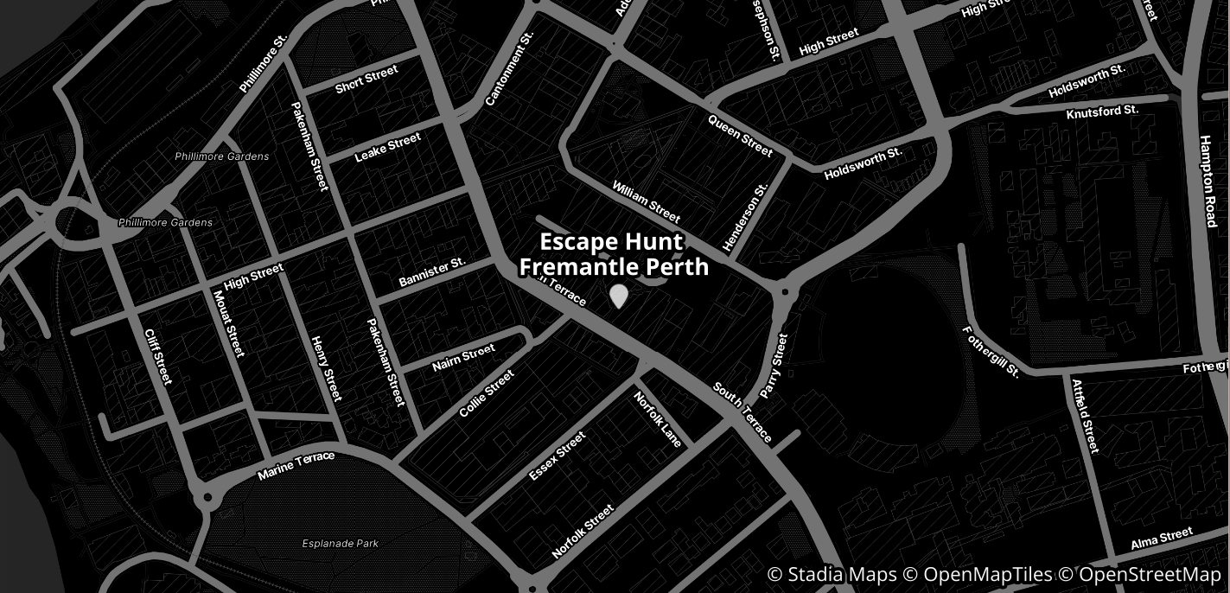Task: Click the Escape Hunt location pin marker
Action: pyautogui.click(x=619, y=296)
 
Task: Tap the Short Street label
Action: pyautogui.click(x=366, y=80)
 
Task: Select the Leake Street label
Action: pyautogui.click(x=388, y=147)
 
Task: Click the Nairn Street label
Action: pyautogui.click(x=464, y=358)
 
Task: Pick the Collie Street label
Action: pyautogui.click(x=487, y=394)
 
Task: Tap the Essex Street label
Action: pyautogui.click(x=558, y=456)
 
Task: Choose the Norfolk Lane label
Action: pyautogui.click(x=658, y=420)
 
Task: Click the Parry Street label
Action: pyautogui.click(x=774, y=366)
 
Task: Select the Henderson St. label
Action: pyautogui.click(x=745, y=218)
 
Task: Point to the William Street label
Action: pyautogui.click(x=647, y=201)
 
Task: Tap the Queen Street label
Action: pyautogui.click(x=740, y=136)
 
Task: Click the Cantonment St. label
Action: pyautogui.click(x=510, y=68)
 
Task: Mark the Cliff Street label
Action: pyautogui.click(x=158, y=356)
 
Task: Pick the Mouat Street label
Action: pyautogui.click(x=228, y=322)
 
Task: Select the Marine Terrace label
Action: pyautogui.click(x=296, y=466)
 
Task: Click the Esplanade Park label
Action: pyautogui.click(x=341, y=544)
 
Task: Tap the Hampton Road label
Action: pyautogui.click(x=1208, y=181)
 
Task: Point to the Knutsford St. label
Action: pyautogui.click(x=1102, y=112)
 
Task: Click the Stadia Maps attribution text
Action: pyautogui.click(x=832, y=575)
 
